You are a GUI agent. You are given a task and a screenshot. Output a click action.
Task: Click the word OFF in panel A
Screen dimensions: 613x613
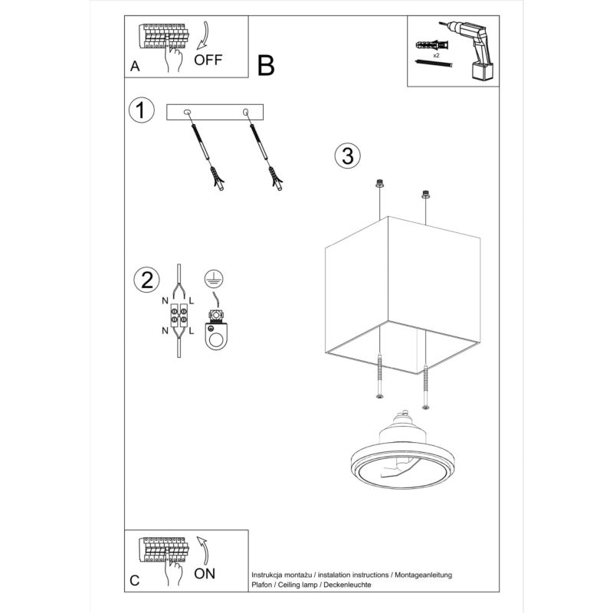tap(208, 59)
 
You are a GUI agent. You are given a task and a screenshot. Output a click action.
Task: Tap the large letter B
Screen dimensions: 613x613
tap(266, 67)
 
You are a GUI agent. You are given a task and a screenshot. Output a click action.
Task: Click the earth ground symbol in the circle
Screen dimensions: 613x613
tap(215, 280)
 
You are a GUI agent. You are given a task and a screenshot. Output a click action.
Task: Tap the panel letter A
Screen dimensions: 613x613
tap(135, 67)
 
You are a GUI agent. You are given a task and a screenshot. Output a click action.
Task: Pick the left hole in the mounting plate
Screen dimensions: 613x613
tap(188, 113)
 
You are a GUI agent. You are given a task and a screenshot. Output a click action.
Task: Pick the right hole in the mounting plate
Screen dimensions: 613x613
tap(245, 113)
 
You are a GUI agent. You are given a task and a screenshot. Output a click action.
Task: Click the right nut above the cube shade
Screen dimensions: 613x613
tap(425, 195)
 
